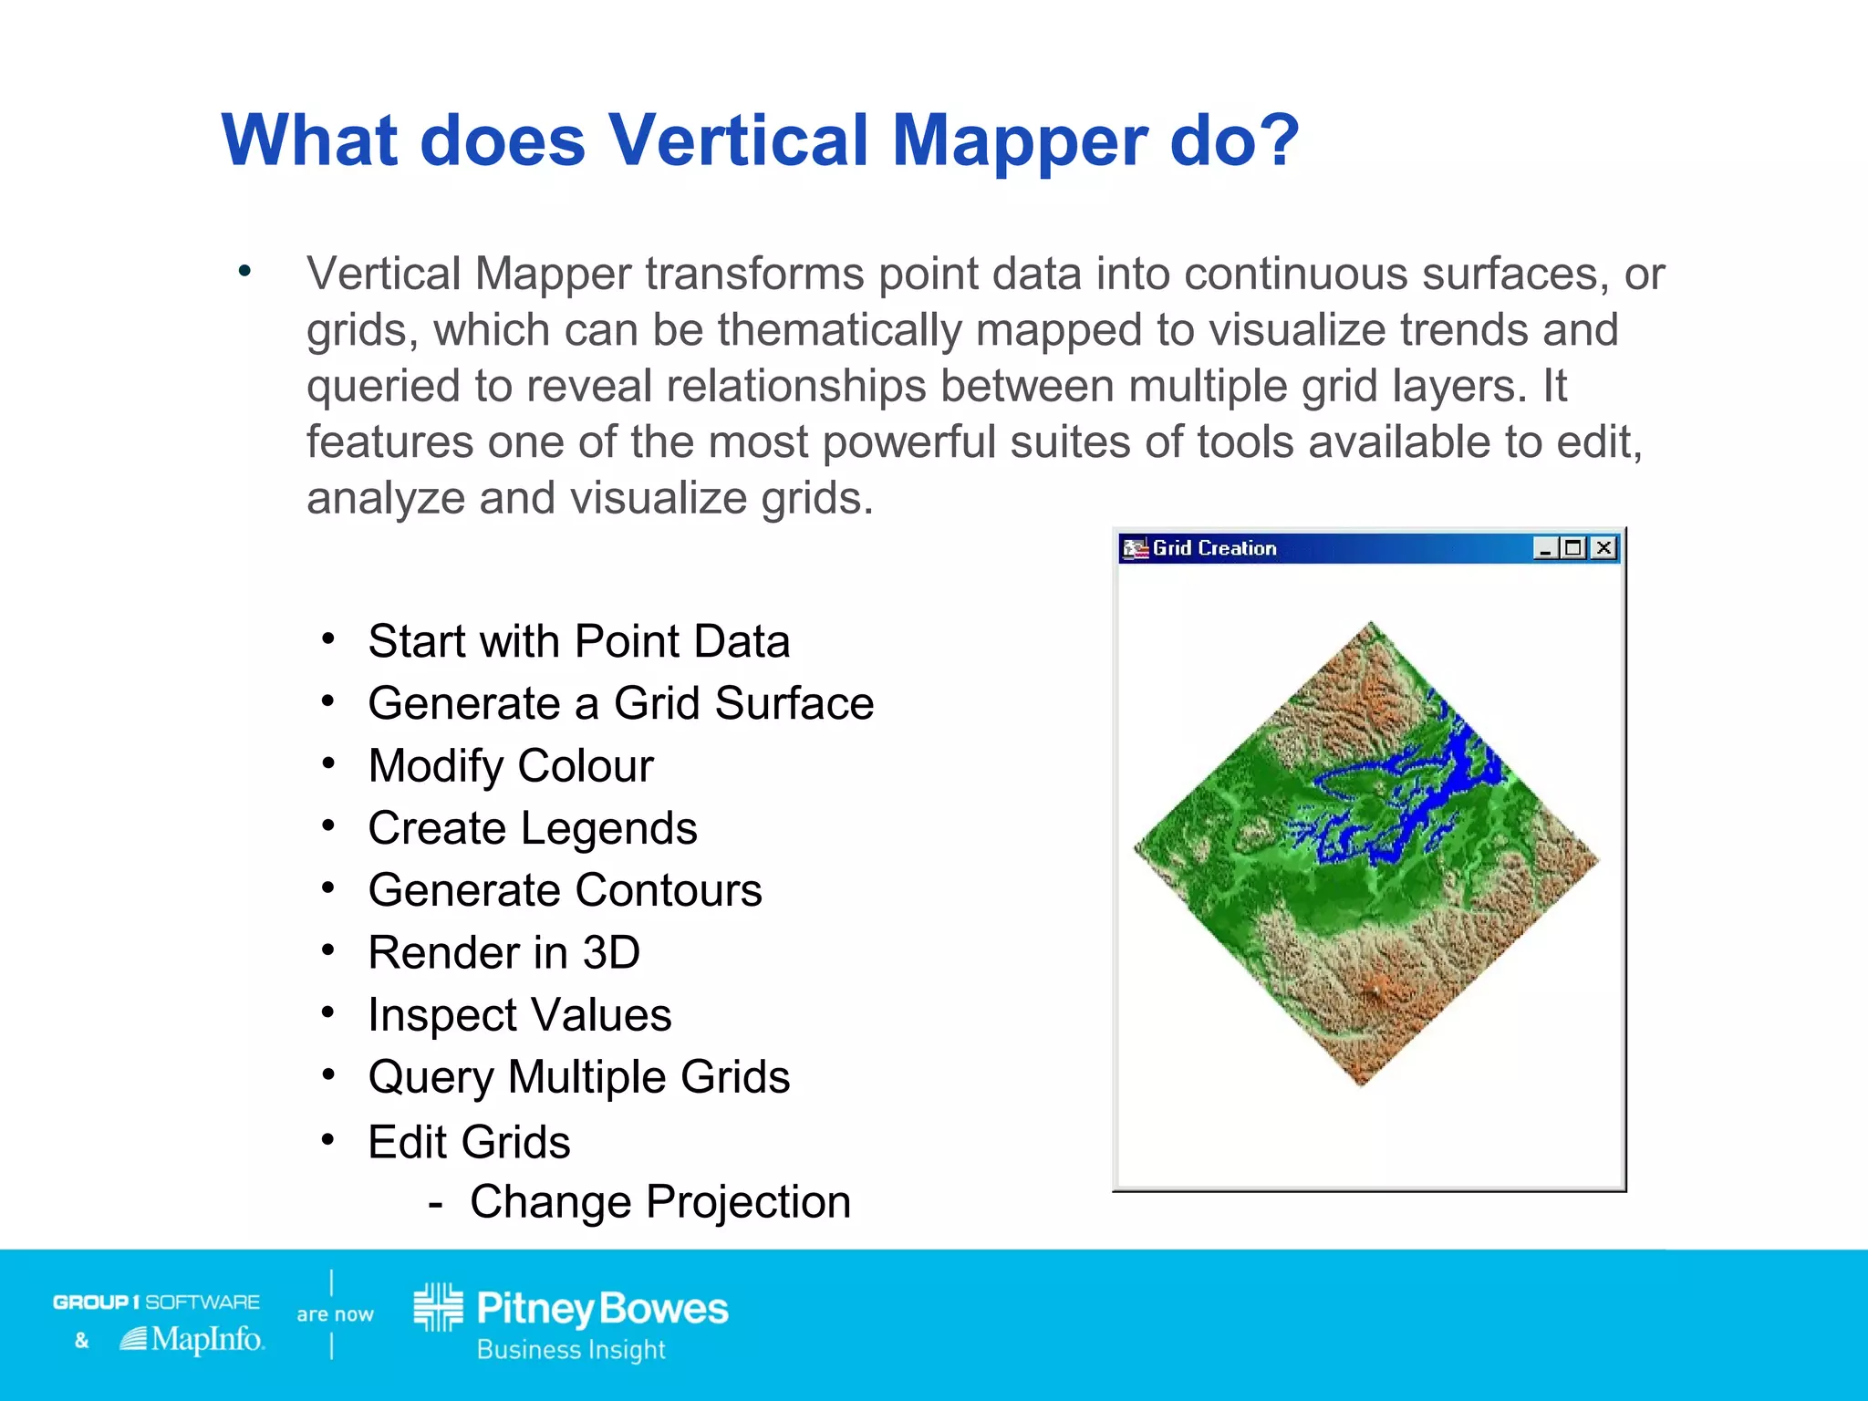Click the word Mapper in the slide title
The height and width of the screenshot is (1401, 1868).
1018,141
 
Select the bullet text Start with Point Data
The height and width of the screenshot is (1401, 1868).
578,641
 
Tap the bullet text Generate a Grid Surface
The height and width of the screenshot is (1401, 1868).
620,703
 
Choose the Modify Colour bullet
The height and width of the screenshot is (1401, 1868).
511,765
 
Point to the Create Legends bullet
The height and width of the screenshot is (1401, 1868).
533,828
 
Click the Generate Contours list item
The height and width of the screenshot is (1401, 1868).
565,890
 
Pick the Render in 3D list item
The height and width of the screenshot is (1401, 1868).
503,953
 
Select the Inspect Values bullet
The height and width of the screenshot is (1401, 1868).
519,1015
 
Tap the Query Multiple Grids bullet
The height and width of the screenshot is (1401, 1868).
578,1077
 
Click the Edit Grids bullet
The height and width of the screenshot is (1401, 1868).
469,1142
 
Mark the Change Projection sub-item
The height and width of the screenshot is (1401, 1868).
659,1202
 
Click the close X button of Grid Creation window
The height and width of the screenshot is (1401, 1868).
1603,548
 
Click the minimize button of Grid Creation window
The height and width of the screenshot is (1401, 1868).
1544,548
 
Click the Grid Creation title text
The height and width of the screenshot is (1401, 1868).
1214,548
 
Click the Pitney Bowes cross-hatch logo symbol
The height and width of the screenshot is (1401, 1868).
439,1307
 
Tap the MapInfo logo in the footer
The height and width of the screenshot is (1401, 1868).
193,1339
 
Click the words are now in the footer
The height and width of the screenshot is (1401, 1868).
335,1314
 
